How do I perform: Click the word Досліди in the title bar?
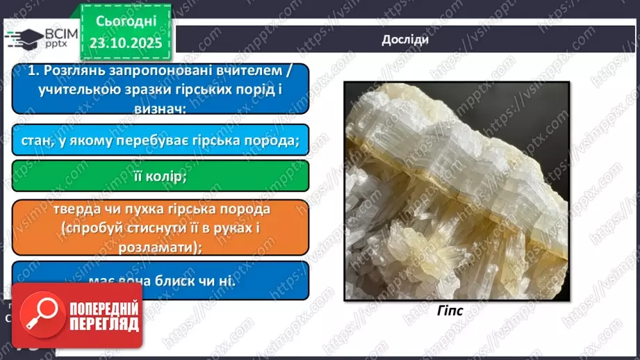pos(405,40)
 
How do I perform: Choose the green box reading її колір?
pos(161,177)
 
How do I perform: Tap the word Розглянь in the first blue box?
pos(73,72)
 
